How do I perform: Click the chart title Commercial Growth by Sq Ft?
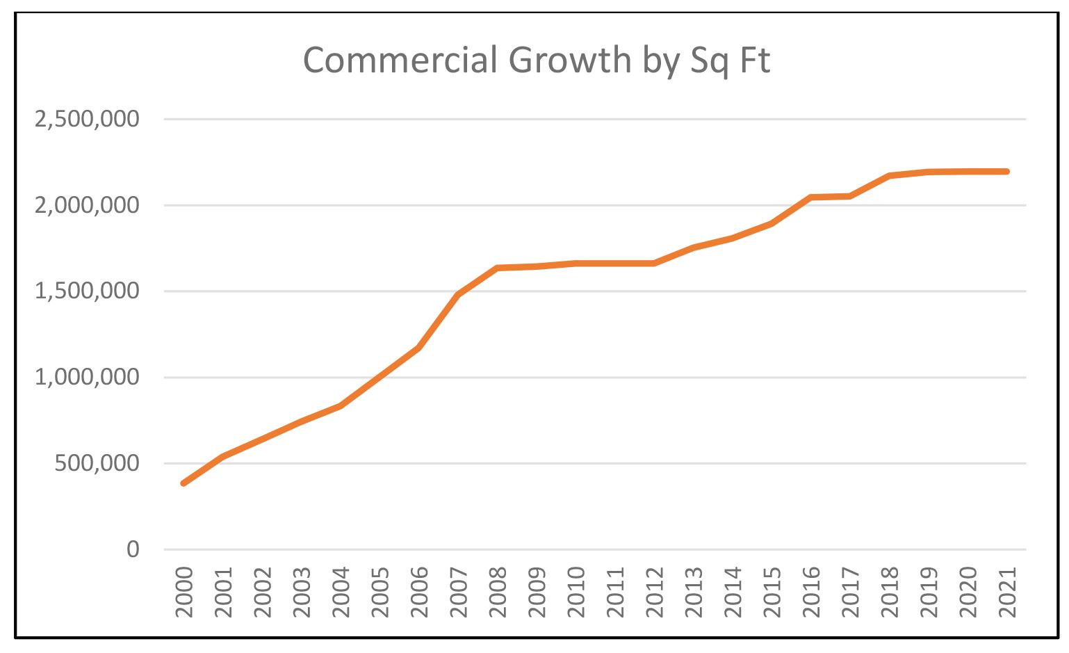pyautogui.click(x=536, y=61)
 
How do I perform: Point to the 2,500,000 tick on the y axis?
pyautogui.click(x=87, y=119)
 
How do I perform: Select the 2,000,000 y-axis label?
pyautogui.click(x=87, y=205)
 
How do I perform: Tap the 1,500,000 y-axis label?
pyautogui.click(x=87, y=291)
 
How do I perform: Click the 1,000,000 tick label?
pyautogui.click(x=87, y=377)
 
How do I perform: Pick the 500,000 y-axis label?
pyautogui.click(x=97, y=463)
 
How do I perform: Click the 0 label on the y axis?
pyautogui.click(x=133, y=549)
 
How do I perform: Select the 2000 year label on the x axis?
pyautogui.click(x=184, y=592)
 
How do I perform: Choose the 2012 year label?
pyautogui.click(x=655, y=592)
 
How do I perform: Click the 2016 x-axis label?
pyautogui.click(x=811, y=592)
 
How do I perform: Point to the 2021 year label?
pyautogui.click(x=1007, y=592)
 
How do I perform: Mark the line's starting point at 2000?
pyautogui.click(x=183, y=483)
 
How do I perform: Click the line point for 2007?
pyautogui.click(x=458, y=295)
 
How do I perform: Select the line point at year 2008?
pyautogui.click(x=498, y=268)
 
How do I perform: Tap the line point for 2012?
pyautogui.click(x=654, y=264)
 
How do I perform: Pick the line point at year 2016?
pyautogui.click(x=811, y=197)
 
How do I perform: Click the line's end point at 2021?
pyautogui.click(x=1006, y=172)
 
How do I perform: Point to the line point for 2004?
pyautogui.click(x=341, y=405)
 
